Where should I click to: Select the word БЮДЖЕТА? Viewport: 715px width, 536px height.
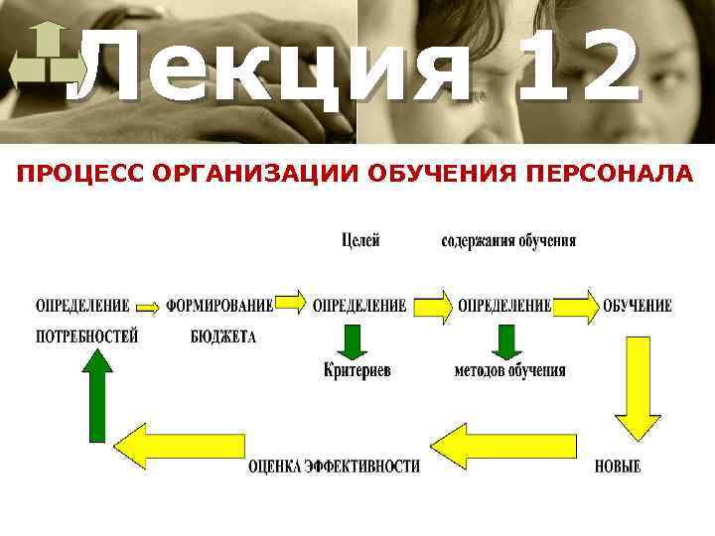[x=223, y=336]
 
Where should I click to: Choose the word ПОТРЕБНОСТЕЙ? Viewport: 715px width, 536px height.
[x=87, y=336]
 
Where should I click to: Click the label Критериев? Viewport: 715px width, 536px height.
[x=357, y=370]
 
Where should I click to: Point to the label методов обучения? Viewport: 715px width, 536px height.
[x=509, y=370]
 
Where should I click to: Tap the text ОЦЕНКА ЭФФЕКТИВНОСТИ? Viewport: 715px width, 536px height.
[x=334, y=466]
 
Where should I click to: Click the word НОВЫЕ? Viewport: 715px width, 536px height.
[x=618, y=466]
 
